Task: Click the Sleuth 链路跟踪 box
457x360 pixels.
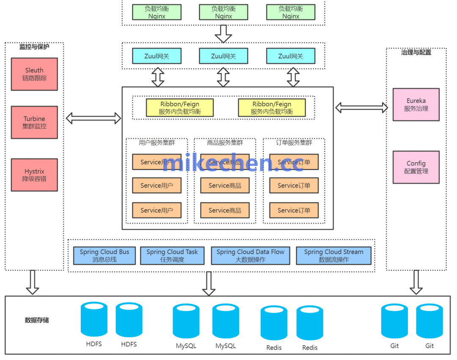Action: tap(34, 74)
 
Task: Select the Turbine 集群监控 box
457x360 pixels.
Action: tap(34, 122)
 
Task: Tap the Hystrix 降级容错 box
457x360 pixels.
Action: tap(34, 175)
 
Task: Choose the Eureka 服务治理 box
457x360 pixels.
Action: tap(416, 105)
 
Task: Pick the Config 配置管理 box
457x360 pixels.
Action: tap(416, 167)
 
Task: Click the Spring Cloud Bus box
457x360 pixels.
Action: tap(105, 255)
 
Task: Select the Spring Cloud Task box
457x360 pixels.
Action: tap(172, 255)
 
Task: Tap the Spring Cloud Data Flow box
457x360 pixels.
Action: tap(251, 255)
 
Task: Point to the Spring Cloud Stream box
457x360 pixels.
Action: tap(333, 255)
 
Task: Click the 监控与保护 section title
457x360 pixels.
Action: tap(34, 47)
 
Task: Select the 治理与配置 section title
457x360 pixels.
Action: tap(416, 53)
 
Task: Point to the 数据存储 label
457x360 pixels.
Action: tap(37, 320)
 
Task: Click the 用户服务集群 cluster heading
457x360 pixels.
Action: tap(157, 143)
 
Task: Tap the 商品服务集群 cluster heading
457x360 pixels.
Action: tap(225, 143)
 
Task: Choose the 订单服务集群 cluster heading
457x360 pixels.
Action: tap(294, 143)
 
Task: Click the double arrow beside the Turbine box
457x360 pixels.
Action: tap(94, 118)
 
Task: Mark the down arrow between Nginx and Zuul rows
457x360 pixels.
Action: tap(223, 33)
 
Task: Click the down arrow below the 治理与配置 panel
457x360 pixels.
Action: tap(416, 282)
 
